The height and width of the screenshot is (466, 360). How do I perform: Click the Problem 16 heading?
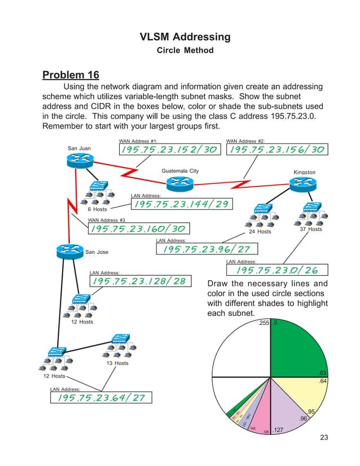coord(71,75)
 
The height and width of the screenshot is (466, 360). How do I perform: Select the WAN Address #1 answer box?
coord(168,149)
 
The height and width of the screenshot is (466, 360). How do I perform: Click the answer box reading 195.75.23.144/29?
coord(180,204)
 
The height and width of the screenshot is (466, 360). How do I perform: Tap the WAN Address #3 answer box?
coord(138,228)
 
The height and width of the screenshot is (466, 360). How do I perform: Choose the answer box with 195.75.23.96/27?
coord(207,249)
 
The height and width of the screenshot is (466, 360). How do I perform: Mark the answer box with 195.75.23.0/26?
coord(276,271)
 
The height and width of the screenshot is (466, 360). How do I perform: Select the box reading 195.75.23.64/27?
coord(99,398)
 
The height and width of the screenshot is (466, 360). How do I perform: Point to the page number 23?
coord(323,437)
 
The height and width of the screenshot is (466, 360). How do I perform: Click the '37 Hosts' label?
coord(311,230)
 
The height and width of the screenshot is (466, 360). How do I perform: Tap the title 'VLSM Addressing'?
coord(185,37)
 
